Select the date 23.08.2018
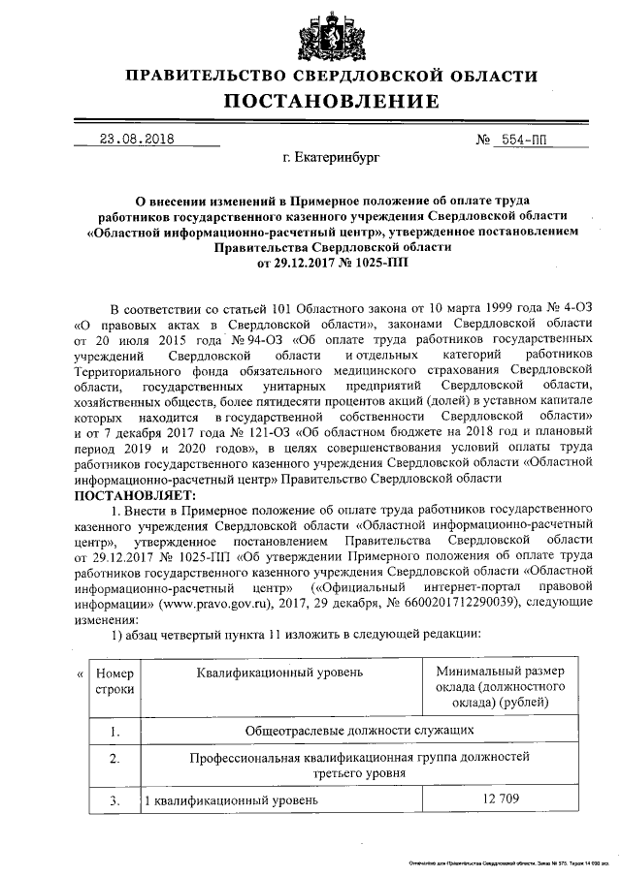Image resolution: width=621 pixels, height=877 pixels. click(137, 139)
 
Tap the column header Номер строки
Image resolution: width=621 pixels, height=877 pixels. click(115, 680)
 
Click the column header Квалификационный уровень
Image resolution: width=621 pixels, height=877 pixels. click(280, 672)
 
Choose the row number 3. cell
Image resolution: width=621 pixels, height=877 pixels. click(115, 800)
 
